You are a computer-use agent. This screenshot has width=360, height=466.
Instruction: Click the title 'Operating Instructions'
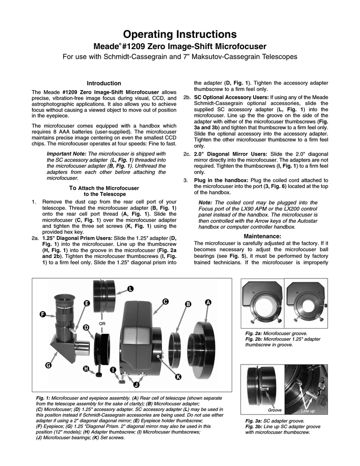coord(180,35)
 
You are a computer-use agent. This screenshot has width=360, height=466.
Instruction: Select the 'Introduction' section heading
coord(104,83)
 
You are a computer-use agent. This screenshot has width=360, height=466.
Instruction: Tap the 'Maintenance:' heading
coord(263,236)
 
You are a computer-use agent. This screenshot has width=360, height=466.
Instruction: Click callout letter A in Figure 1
coord(208,303)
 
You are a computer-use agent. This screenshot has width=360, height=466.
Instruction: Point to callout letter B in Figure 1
coord(187,304)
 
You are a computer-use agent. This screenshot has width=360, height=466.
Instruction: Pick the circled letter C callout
coord(165,301)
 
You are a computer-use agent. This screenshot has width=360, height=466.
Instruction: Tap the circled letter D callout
coord(86,328)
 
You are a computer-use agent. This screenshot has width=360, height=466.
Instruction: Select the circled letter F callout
coord(43,314)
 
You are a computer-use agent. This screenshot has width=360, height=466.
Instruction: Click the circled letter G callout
coord(48,365)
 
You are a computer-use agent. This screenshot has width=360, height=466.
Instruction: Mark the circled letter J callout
coord(136,385)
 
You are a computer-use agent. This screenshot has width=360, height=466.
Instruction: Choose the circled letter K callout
coord(178,377)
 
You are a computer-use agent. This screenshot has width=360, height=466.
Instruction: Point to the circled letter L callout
coord(130,289)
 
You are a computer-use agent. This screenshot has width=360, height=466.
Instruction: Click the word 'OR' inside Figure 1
coord(102,324)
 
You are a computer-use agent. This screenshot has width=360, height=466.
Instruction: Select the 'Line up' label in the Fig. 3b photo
coord(308,411)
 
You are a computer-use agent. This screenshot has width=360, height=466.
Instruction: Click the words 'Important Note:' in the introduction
coord(67,155)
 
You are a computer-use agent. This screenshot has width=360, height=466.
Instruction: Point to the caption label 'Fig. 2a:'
coord(254,334)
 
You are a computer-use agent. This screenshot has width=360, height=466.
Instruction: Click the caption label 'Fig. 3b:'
coord(254,426)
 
